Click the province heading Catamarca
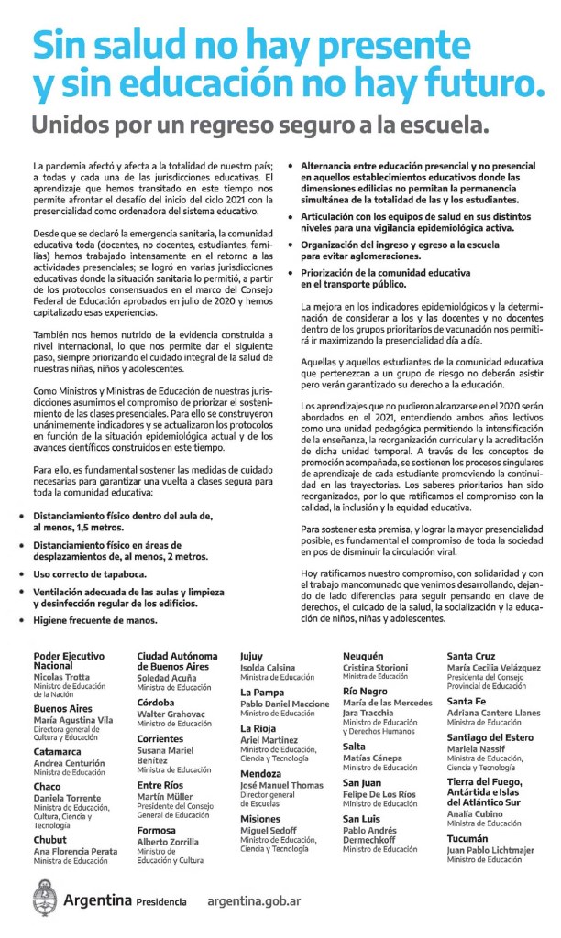pos(58,750)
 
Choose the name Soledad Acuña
pos(167,677)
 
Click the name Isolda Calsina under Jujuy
pos(268,668)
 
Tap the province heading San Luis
pos(364,819)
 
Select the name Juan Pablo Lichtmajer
pos(490,849)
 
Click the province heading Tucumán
pos(467,838)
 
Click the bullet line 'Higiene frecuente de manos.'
pos(94,619)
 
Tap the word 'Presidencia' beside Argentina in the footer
pos(160,901)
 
